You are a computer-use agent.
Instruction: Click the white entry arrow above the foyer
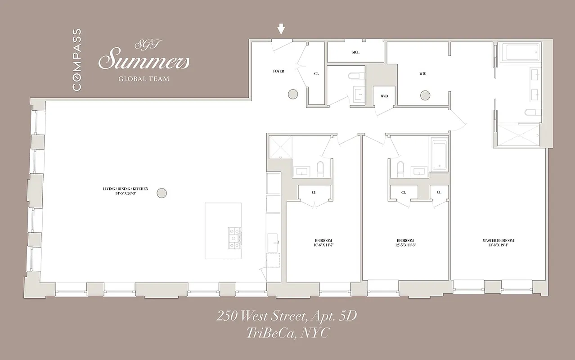coord(281,29)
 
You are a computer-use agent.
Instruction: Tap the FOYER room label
coord(279,72)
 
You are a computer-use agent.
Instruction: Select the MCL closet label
coord(355,52)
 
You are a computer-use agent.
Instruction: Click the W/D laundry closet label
coord(384,96)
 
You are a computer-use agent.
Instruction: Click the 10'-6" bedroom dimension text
coord(323,245)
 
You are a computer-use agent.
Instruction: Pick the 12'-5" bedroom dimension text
coord(405,245)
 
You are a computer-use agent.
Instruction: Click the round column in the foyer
coord(292,94)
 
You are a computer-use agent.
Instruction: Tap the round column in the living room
coord(162,193)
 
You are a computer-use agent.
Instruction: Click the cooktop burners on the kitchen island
coord(234,237)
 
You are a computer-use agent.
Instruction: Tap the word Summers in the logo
coord(144,61)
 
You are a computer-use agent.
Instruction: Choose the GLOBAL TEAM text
coord(144,79)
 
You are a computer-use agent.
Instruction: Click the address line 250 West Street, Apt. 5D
coord(287,316)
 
